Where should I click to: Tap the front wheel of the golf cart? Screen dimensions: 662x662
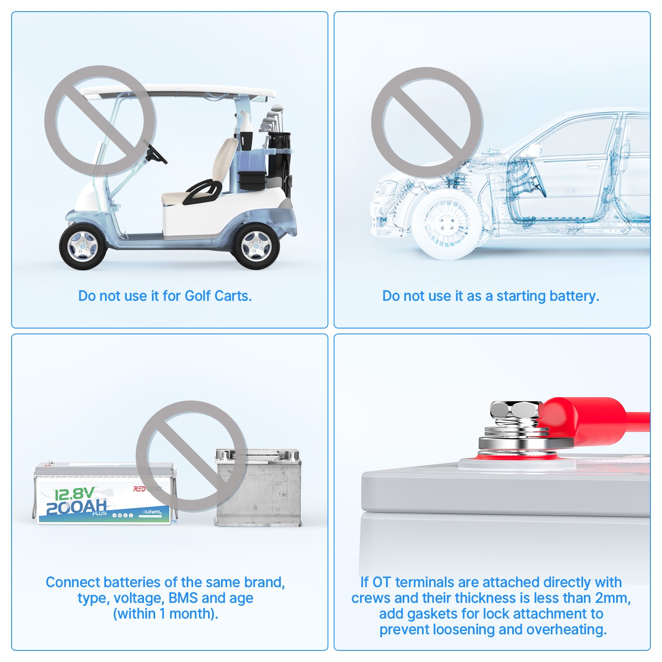[83, 246]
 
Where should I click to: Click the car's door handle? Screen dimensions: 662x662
[594, 166]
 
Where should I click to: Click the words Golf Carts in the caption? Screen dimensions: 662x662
[218, 296]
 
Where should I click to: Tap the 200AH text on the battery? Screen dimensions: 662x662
[76, 507]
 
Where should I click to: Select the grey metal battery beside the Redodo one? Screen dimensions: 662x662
[258, 488]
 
